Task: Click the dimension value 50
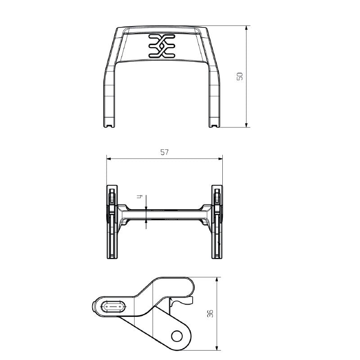240,76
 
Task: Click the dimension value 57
164,152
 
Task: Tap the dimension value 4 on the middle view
140,197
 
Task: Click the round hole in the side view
177,335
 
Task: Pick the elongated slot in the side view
113,306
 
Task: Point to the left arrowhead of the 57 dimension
108,158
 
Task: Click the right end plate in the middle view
217,221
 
